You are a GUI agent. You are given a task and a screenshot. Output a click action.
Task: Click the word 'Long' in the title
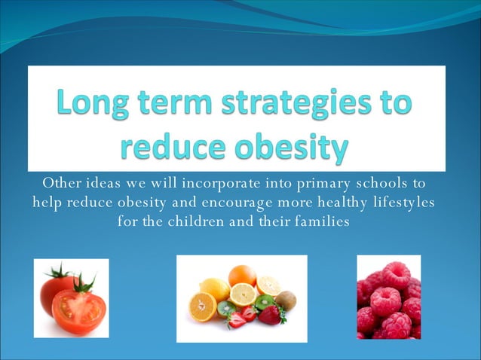pyautogui.click(x=96, y=103)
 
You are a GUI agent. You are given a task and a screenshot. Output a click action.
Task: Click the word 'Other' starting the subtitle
pyautogui.click(x=63, y=183)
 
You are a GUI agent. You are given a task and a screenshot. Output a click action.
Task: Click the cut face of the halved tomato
pyautogui.click(x=78, y=310)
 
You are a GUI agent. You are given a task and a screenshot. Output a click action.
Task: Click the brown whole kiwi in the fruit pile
pyautogui.click(x=286, y=301)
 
